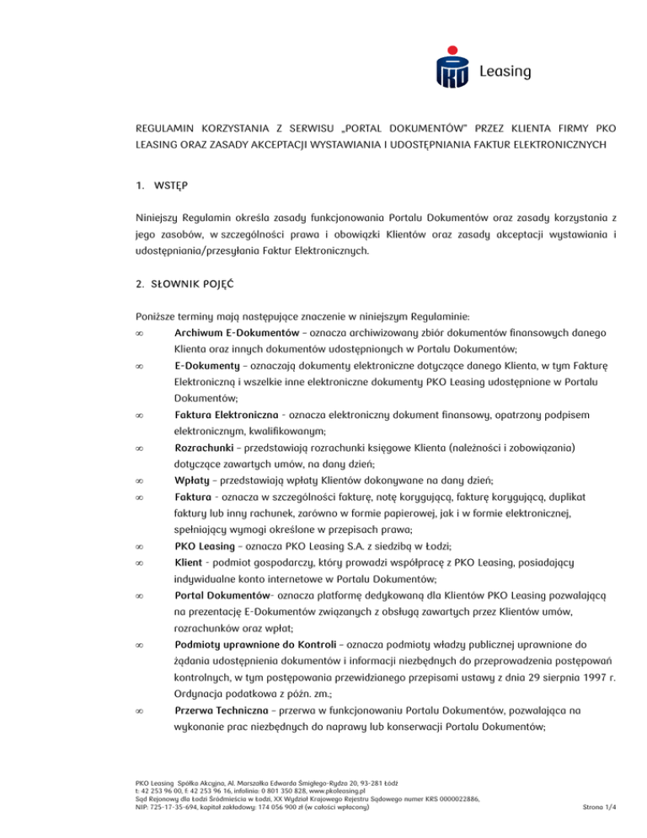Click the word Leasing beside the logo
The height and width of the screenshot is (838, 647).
click(504, 72)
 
